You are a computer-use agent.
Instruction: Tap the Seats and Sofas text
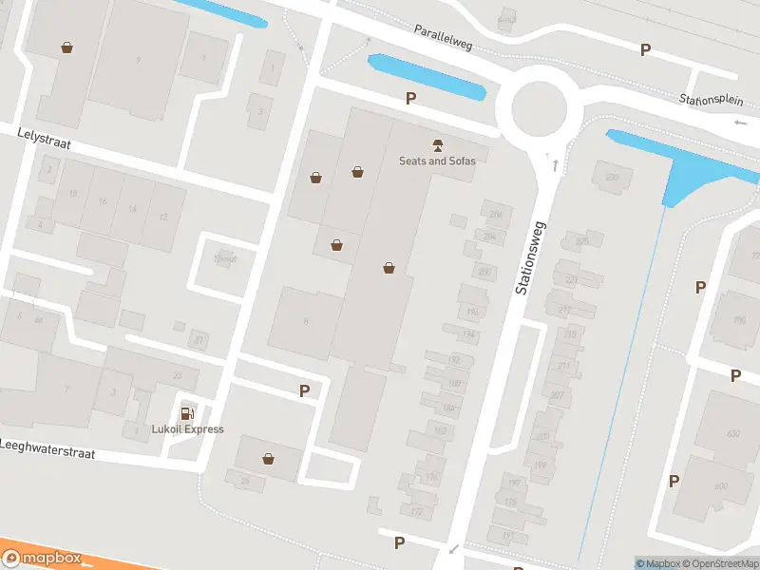point(437,161)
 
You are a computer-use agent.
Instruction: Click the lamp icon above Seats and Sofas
point(437,145)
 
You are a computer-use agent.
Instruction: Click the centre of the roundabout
point(540,110)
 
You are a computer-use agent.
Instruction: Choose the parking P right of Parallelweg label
point(646,49)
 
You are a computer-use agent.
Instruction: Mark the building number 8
point(305,322)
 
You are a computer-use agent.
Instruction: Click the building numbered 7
point(66,389)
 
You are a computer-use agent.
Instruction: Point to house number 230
point(611,177)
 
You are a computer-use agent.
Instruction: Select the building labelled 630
point(732,434)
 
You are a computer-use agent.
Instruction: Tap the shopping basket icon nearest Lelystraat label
point(66,47)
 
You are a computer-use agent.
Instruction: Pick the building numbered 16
point(102,201)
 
